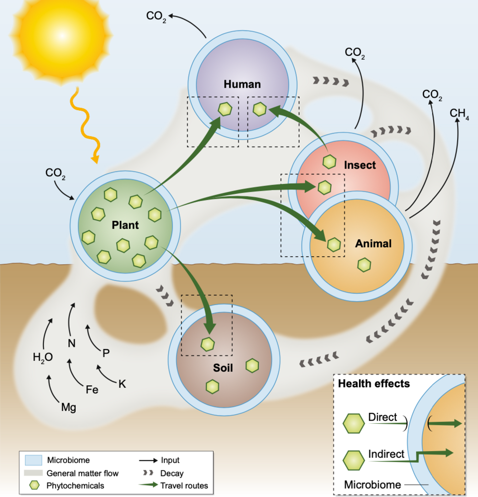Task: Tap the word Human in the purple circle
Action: tap(242, 84)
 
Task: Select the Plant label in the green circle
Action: tap(125, 225)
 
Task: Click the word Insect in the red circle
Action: tap(359, 165)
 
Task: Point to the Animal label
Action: tap(373, 244)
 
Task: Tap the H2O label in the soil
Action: tap(43, 357)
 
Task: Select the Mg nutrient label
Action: tap(68, 407)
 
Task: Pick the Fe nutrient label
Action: tap(92, 389)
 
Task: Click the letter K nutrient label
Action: tap(122, 383)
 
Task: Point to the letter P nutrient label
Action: tap(106, 353)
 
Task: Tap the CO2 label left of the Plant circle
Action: tap(56, 174)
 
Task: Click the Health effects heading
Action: tap(373, 384)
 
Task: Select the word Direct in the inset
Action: tap(382, 417)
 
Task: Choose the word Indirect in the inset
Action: tap(386, 454)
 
